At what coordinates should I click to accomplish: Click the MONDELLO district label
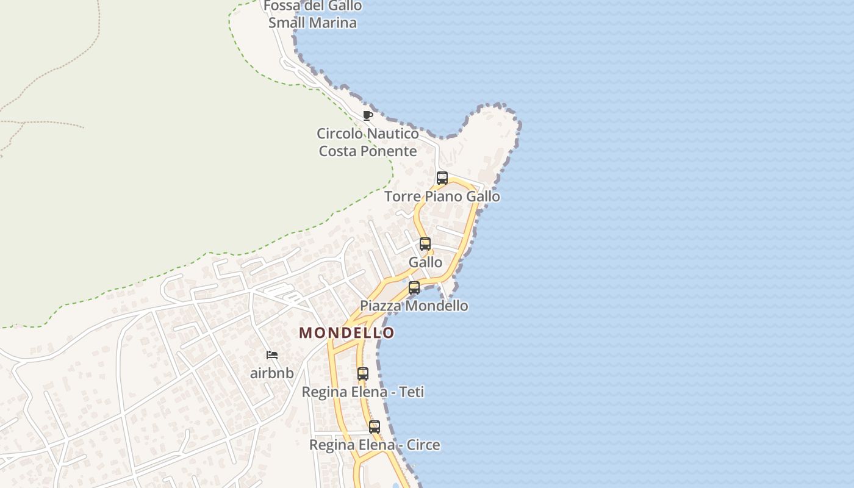(346, 333)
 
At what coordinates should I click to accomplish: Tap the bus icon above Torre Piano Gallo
(442, 178)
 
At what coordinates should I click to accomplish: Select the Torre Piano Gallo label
(442, 196)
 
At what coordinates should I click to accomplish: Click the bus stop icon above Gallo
(425, 244)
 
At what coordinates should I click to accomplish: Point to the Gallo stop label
(425, 262)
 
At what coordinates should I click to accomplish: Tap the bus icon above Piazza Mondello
(414, 288)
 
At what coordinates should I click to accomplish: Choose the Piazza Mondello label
(414, 306)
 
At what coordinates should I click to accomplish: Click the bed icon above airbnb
(272, 355)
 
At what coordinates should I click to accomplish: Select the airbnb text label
(272, 373)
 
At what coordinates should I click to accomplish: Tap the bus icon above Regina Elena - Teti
(363, 374)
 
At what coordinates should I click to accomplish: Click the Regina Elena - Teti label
(363, 392)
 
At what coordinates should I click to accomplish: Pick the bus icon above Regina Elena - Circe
(375, 427)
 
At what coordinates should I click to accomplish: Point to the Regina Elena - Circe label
(375, 445)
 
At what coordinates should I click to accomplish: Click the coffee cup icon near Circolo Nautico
(367, 115)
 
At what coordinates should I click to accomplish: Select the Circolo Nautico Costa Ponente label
(368, 142)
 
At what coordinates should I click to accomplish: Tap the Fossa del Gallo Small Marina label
(313, 15)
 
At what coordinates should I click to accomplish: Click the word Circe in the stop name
(423, 445)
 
